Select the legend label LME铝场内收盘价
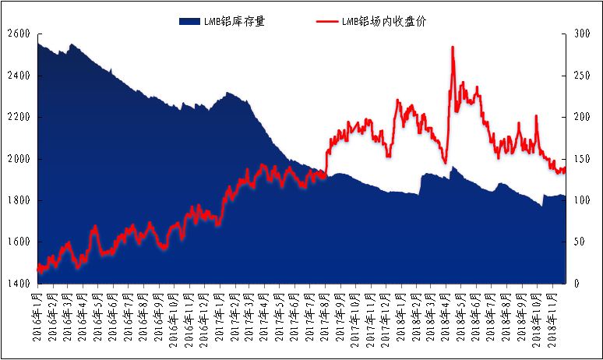384,21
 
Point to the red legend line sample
326,21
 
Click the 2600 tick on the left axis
18,34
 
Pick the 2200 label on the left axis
18,118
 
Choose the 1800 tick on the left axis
18,201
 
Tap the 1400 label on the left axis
18,284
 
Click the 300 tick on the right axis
580,34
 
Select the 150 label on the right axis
580,159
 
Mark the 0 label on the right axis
575,284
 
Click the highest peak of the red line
453,48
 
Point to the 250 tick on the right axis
580,76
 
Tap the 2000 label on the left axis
18,159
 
